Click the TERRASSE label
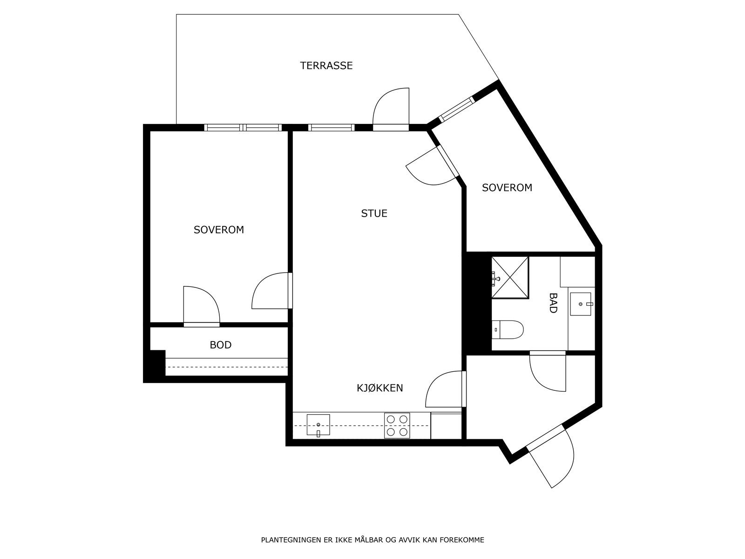[326, 66]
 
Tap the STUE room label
[374, 213]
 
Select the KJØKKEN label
[379, 388]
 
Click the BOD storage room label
[220, 345]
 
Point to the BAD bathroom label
[553, 303]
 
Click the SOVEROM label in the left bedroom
[218, 230]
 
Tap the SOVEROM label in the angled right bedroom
[507, 188]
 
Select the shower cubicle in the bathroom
[510, 277]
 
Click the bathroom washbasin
[581, 304]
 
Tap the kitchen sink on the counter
[318, 425]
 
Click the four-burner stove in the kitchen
[397, 426]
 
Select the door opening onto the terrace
[391, 108]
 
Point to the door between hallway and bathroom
[548, 370]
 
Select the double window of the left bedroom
[243, 127]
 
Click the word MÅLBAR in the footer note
[368, 540]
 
